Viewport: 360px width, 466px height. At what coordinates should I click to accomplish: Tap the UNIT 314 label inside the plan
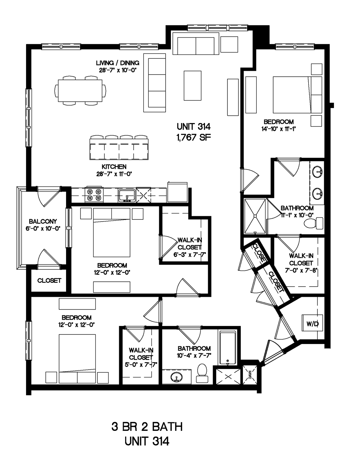click(193, 126)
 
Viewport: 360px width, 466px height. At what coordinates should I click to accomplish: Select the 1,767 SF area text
click(193, 138)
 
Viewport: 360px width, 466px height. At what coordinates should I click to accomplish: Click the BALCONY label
click(43, 222)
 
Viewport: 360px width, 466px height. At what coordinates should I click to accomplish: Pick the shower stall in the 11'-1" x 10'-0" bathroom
click(255, 216)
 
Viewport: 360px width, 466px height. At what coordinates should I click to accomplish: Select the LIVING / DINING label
click(117, 63)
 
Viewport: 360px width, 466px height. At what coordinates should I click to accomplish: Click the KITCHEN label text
click(114, 167)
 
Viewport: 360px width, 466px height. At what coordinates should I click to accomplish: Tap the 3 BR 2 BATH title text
click(147, 427)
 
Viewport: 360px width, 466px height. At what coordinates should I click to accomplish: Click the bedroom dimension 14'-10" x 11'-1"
click(278, 129)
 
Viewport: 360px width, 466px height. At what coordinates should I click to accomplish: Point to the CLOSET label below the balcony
click(49, 280)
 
